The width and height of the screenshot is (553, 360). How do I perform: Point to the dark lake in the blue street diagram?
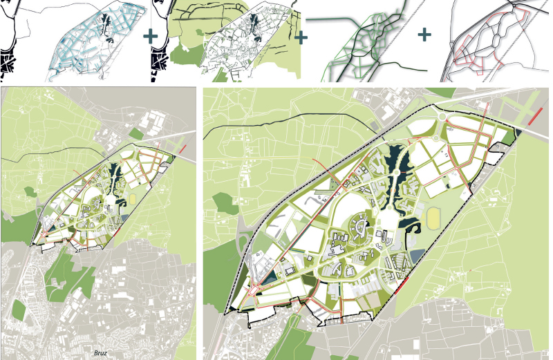click(105, 28)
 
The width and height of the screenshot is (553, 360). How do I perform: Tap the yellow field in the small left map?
click(133, 198)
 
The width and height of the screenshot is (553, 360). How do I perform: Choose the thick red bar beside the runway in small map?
click(182, 148)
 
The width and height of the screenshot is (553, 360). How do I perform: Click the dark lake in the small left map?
click(114, 169)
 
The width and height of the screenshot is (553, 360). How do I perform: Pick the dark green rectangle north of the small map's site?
click(129, 131)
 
